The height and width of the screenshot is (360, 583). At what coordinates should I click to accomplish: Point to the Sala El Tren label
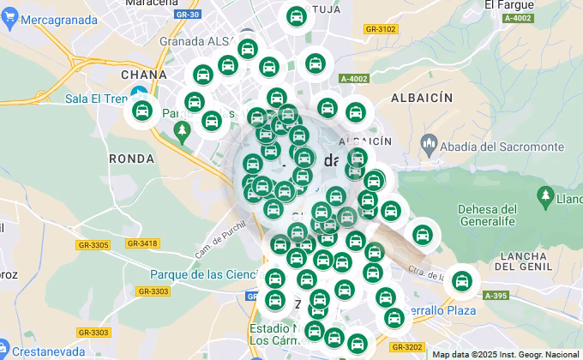pyautogui.click(x=95, y=98)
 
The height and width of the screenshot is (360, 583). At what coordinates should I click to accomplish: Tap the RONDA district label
pyautogui.click(x=132, y=159)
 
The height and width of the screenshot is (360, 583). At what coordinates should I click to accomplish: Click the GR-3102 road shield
pyautogui.click(x=381, y=29)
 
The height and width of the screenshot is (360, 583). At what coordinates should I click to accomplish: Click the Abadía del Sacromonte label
pyautogui.click(x=499, y=147)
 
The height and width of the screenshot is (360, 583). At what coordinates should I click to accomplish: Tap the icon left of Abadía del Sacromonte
pyautogui.click(x=430, y=147)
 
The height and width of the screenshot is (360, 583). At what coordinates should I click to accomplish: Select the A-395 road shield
pyautogui.click(x=495, y=296)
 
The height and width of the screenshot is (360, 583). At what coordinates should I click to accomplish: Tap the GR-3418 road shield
pyautogui.click(x=142, y=243)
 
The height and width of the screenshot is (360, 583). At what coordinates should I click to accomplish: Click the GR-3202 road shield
pyautogui.click(x=406, y=347)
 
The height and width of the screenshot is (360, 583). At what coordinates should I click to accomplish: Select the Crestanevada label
pyautogui.click(x=48, y=351)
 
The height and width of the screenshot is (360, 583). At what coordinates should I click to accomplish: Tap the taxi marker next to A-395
pyautogui.click(x=462, y=280)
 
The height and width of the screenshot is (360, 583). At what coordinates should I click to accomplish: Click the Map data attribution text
pyautogui.click(x=505, y=354)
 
